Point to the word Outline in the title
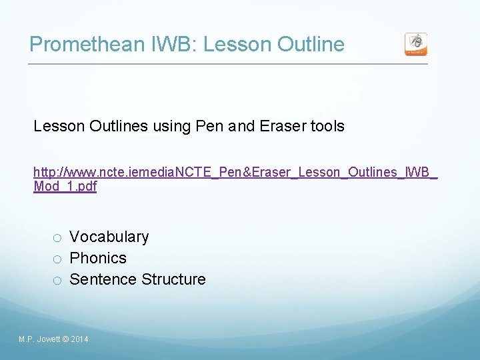310,45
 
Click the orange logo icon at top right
416,44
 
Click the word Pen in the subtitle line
211,126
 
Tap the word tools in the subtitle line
327,126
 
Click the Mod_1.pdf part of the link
65,187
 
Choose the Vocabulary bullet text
109,237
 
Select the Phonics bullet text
98,258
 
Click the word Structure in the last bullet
173,279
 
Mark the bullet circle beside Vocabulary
58,238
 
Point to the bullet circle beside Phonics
58,259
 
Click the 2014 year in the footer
79,340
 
